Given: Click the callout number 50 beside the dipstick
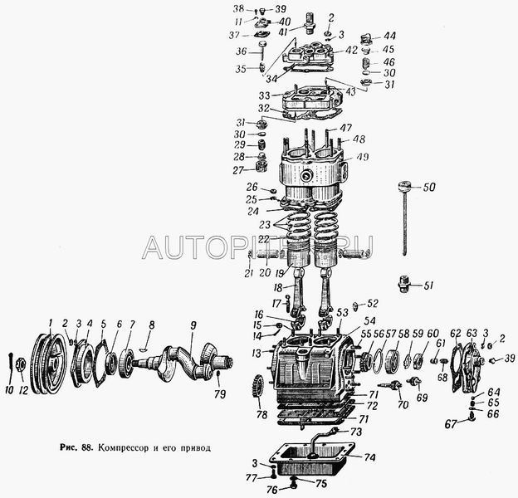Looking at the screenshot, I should (x=429, y=188).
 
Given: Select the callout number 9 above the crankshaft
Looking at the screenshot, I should (x=193, y=325).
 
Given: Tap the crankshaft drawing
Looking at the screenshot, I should (x=187, y=356).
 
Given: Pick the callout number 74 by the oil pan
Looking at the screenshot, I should (x=369, y=456).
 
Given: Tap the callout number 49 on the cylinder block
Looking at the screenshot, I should (x=363, y=158).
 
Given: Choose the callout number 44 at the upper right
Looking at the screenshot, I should (x=389, y=36).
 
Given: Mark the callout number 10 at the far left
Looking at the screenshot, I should (x=8, y=389).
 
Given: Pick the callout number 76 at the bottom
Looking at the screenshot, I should (x=271, y=490).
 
